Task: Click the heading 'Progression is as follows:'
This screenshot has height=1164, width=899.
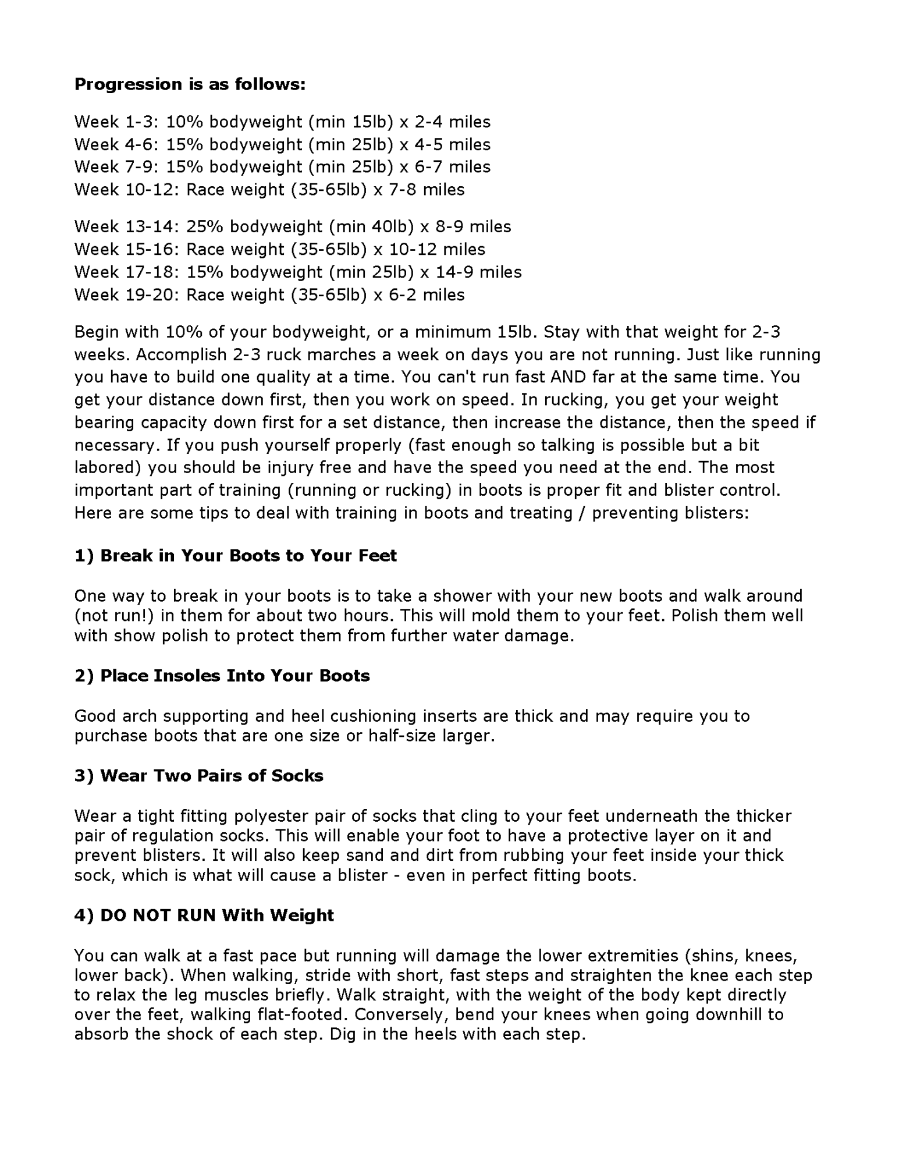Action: click(190, 84)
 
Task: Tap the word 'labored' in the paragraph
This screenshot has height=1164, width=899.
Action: click(108, 467)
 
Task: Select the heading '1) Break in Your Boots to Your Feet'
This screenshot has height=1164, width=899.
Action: click(236, 555)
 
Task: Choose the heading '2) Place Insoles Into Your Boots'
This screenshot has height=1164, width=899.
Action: click(222, 676)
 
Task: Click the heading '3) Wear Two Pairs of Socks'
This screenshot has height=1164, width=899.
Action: click(199, 776)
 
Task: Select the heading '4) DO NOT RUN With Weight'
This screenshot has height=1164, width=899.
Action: click(204, 915)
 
